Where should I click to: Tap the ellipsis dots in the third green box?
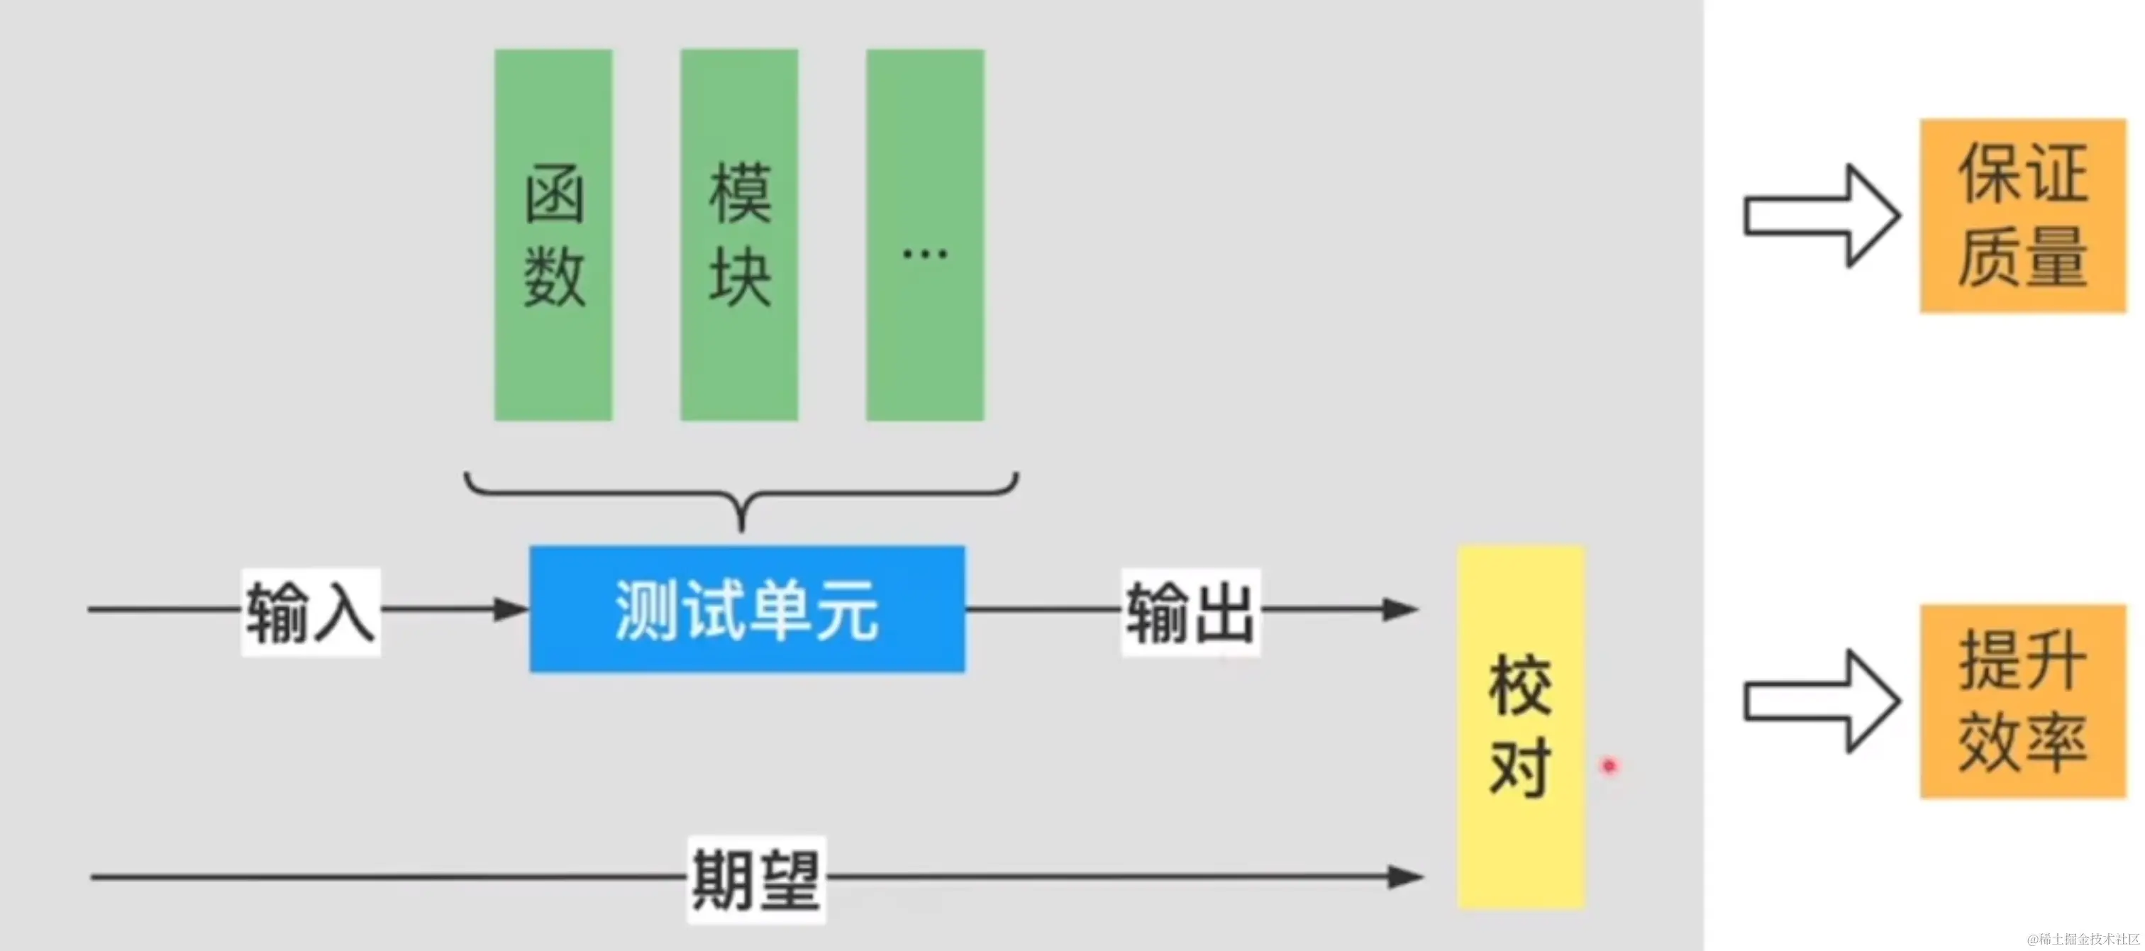(x=924, y=253)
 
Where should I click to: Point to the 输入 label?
(x=311, y=613)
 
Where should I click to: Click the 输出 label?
(x=1190, y=613)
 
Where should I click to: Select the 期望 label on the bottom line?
(x=756, y=879)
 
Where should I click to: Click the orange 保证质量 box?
(x=2022, y=216)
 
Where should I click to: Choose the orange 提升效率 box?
(x=2022, y=701)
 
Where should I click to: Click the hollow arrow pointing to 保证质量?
(x=1820, y=216)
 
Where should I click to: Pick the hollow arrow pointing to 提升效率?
(x=1820, y=701)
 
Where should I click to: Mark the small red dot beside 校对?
(x=1609, y=765)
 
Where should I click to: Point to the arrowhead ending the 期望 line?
(x=1406, y=877)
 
